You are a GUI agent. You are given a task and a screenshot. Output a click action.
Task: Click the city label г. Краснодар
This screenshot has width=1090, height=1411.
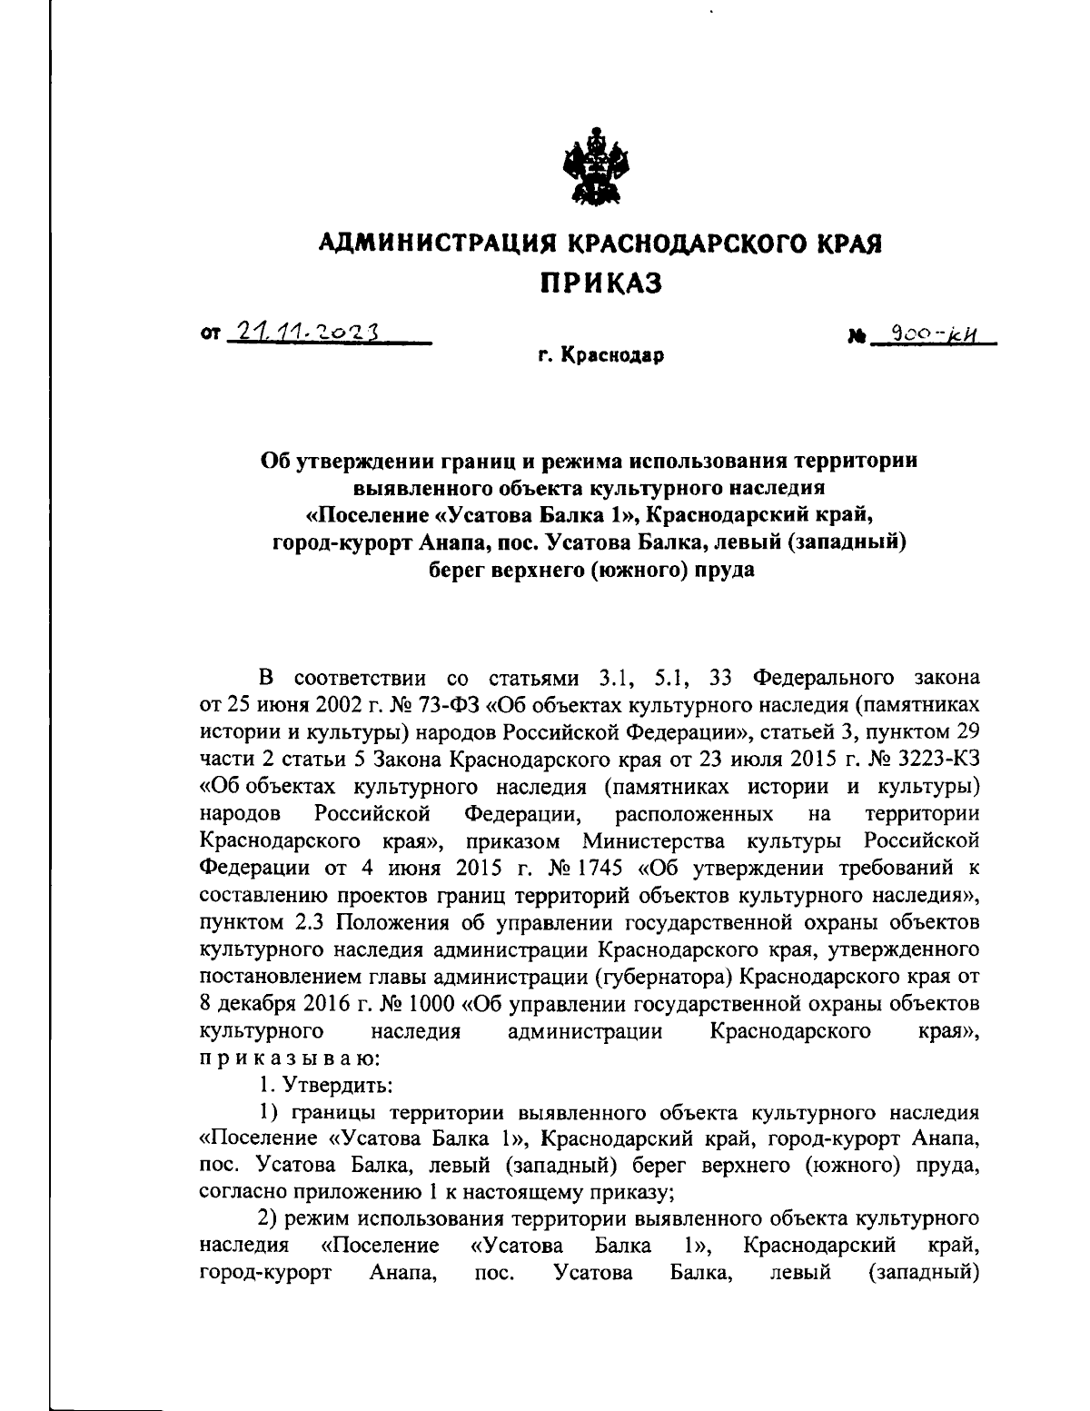click(599, 356)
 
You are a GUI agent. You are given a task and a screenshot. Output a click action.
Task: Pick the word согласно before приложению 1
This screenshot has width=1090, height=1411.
click(240, 1189)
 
